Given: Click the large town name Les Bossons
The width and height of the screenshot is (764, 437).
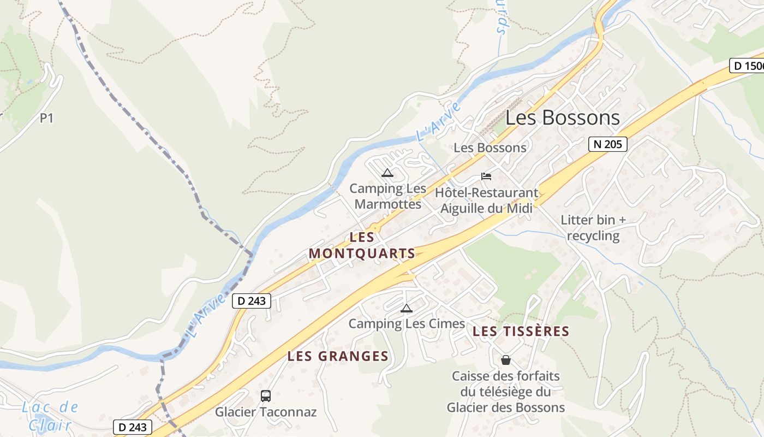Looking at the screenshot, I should click(563, 118).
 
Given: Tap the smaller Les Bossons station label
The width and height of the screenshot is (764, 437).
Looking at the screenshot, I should click(490, 147).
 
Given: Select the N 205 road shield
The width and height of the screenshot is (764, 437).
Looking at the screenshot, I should click(607, 144).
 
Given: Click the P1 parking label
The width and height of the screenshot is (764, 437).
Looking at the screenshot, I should click(46, 118).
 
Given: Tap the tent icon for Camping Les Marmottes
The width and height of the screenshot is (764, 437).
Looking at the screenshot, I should click(387, 173).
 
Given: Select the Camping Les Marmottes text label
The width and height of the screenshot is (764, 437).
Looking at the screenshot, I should click(387, 196).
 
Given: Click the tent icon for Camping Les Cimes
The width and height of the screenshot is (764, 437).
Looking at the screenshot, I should click(406, 309).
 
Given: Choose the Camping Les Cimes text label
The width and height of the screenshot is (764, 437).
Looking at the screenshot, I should click(407, 324).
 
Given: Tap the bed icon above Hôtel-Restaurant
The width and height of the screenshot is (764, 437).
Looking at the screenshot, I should click(486, 176).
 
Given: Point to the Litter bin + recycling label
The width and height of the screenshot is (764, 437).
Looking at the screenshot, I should click(594, 228).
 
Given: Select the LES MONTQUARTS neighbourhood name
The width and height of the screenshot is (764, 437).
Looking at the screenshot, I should click(362, 246).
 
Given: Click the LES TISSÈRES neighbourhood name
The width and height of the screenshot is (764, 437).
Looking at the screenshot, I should click(521, 332).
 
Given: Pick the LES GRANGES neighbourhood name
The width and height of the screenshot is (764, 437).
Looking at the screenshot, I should click(338, 357).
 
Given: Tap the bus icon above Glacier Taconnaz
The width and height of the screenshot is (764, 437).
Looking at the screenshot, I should click(266, 396).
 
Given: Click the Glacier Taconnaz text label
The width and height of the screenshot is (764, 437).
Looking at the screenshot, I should click(266, 412).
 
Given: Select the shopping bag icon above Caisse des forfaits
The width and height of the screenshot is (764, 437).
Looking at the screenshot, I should click(506, 360).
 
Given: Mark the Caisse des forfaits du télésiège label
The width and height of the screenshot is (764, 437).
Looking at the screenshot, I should click(506, 392).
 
